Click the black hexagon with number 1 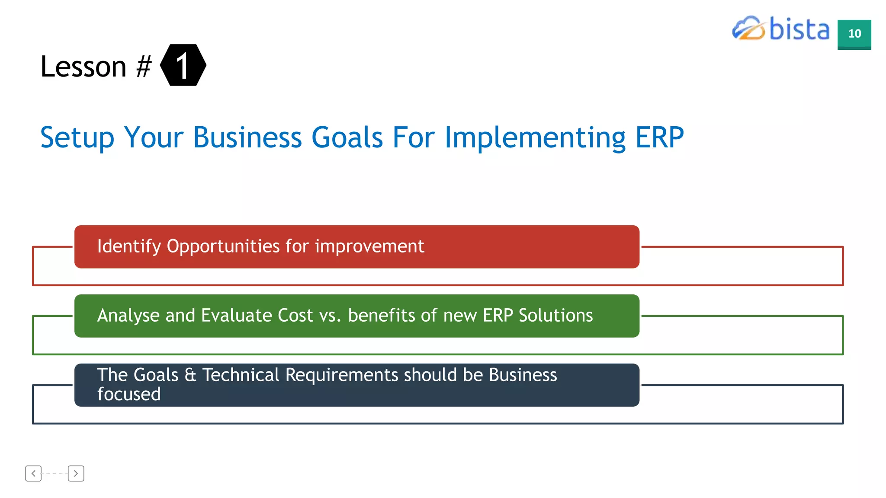click(x=183, y=65)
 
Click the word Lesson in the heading click(x=83, y=67)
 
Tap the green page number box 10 click(x=854, y=34)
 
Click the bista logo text click(x=799, y=29)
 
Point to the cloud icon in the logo click(x=748, y=29)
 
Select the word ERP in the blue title click(x=659, y=137)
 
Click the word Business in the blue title click(x=247, y=137)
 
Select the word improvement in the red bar click(x=369, y=246)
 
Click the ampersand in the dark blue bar click(x=190, y=375)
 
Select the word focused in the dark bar click(x=129, y=394)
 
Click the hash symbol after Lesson click(x=144, y=67)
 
